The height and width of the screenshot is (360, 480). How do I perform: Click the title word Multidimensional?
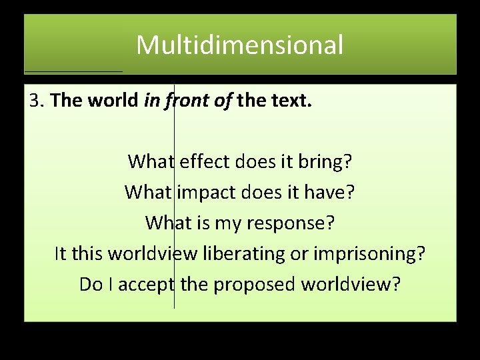click(x=240, y=45)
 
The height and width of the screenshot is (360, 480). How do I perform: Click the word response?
click(x=291, y=223)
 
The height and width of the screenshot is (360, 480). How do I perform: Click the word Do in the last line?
click(x=89, y=285)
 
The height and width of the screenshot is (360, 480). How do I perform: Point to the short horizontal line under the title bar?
click(x=73, y=71)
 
